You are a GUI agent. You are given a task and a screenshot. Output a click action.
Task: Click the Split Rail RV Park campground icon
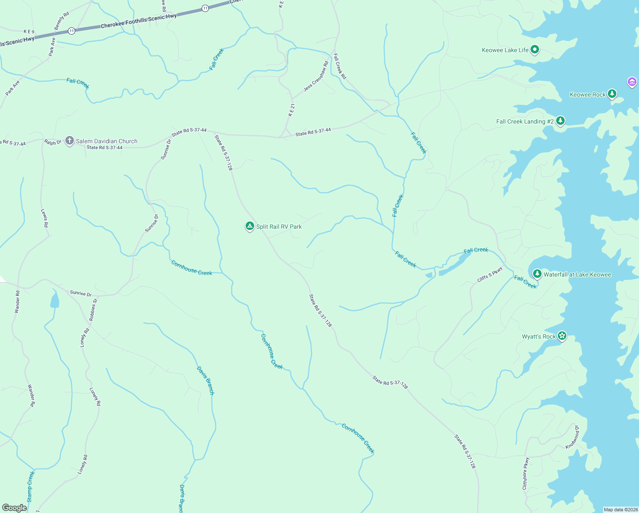point(250,226)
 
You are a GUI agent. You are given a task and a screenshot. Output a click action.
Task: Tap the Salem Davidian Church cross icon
point(70,141)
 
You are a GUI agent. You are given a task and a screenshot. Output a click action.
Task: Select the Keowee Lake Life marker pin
point(534,50)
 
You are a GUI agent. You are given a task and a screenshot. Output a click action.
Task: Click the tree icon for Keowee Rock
point(612,94)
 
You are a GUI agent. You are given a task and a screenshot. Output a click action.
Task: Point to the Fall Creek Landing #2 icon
point(560,121)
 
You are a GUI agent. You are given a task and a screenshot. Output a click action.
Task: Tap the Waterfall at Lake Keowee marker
point(537,274)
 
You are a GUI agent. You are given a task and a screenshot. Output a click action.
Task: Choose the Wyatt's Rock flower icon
point(562,336)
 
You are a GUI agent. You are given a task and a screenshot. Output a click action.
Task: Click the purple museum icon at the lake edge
point(632,82)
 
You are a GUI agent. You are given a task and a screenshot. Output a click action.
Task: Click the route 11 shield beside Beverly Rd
point(71,31)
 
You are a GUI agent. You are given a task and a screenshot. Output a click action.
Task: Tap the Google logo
point(15,507)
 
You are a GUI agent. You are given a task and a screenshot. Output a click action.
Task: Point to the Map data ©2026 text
point(620,510)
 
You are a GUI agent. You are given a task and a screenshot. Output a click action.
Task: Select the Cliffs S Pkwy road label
point(490,274)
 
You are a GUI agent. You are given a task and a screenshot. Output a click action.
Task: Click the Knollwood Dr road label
point(572,437)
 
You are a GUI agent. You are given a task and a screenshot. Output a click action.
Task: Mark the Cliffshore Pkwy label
point(525,474)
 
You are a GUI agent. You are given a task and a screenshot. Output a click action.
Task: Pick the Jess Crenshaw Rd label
point(316,76)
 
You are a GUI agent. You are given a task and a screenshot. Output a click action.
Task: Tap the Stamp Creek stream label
point(30,486)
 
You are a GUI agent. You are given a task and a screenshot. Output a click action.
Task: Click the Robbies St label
point(93,310)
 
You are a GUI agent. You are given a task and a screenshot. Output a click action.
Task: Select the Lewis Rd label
point(44,218)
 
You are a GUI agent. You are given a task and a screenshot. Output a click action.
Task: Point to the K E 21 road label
point(291,110)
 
